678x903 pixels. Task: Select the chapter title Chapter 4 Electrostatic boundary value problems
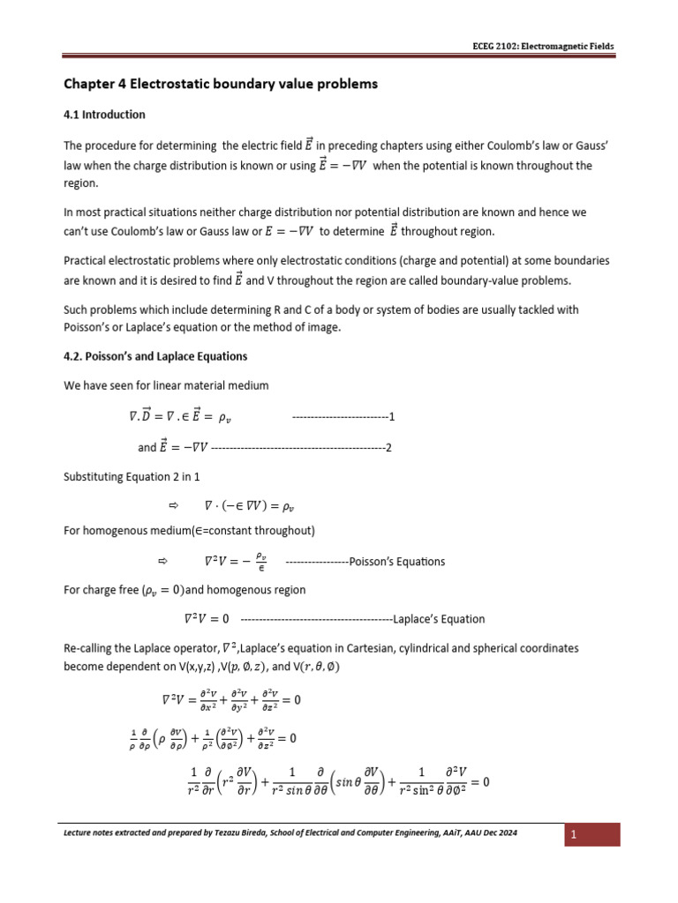click(221, 85)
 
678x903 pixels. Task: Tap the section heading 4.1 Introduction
click(104, 115)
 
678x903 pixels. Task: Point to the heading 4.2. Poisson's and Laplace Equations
click(155, 356)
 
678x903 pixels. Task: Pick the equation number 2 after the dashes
click(388, 447)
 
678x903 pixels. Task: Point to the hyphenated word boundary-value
click(490, 280)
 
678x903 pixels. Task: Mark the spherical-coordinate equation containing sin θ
click(339, 781)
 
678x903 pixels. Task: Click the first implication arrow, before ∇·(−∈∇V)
click(173, 506)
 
